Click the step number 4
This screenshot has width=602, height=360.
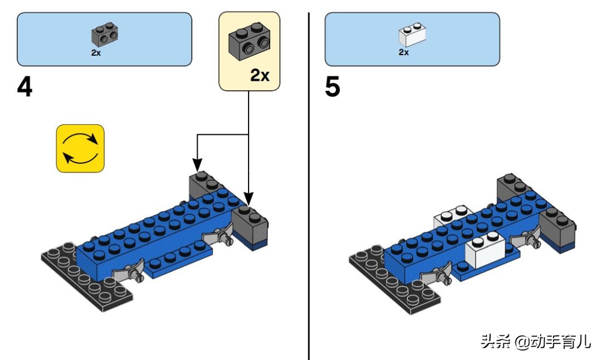point(25,87)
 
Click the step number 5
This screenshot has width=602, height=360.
point(332,87)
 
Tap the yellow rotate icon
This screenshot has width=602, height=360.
point(80,148)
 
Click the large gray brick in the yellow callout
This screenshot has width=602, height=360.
point(249,42)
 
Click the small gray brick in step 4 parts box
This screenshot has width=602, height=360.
point(105,35)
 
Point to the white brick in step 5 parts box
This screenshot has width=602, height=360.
point(412,35)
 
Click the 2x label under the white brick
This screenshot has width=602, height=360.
point(404,52)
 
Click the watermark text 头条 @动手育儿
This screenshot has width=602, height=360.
point(535,341)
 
